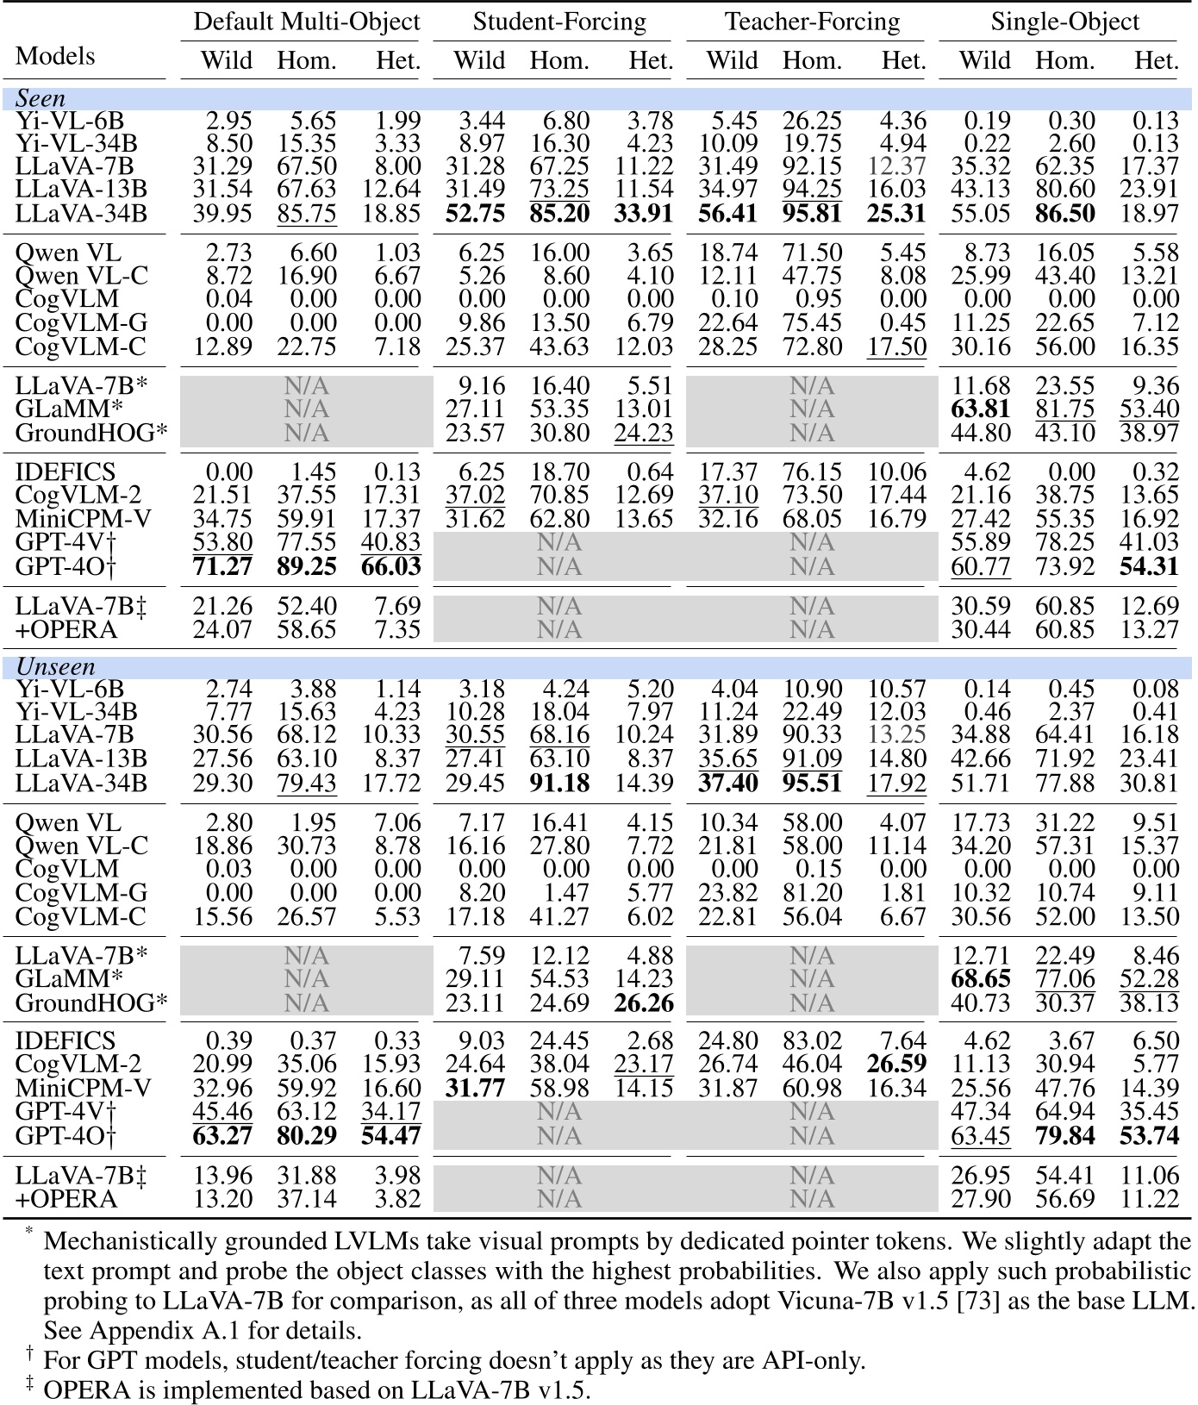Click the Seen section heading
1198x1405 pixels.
point(41,98)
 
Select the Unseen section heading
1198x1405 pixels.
point(55,666)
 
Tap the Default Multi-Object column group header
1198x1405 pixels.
point(306,22)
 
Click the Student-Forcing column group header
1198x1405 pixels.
point(559,22)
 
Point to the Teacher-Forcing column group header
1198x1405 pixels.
point(812,22)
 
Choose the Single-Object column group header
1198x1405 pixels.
point(1064,22)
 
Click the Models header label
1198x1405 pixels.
point(55,56)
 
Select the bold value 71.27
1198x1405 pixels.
point(223,566)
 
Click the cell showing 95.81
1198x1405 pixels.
point(812,212)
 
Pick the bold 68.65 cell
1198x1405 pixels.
point(981,979)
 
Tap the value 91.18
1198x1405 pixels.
point(559,783)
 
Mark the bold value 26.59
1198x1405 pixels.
point(896,1065)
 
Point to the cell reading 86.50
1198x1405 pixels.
point(1064,212)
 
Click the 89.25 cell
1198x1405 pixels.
point(307,566)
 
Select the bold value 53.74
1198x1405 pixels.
point(1149,1135)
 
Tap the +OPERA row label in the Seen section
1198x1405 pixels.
point(66,630)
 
